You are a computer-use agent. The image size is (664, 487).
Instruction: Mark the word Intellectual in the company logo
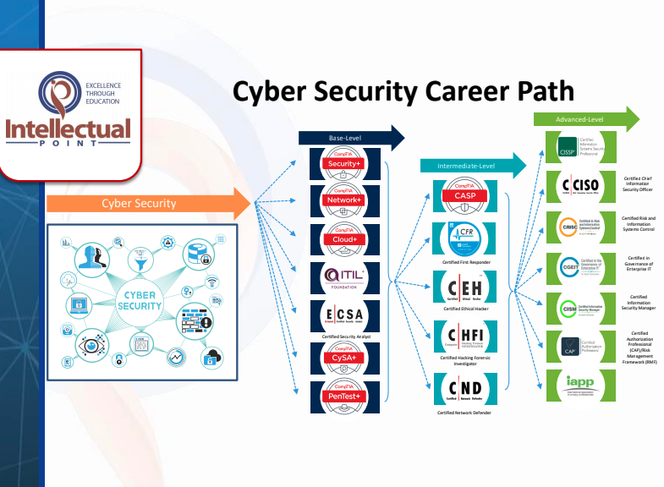point(69,129)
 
